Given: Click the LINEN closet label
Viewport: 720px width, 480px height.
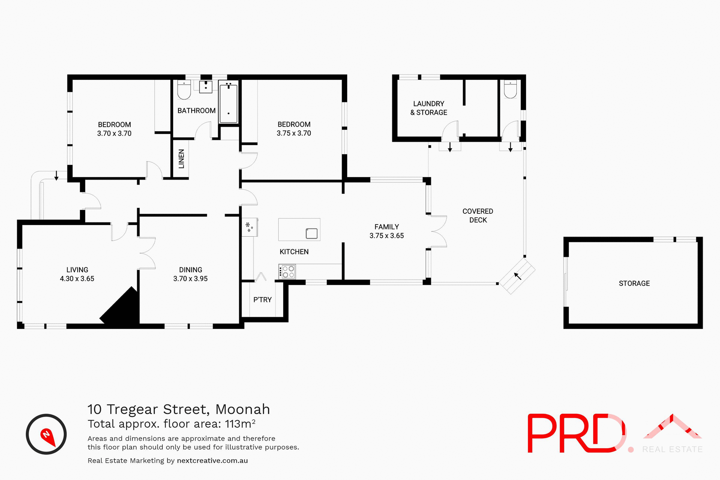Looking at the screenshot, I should (181, 159).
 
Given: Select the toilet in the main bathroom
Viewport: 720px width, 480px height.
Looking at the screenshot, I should (184, 90).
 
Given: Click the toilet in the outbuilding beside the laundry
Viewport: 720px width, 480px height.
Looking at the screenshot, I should (510, 89).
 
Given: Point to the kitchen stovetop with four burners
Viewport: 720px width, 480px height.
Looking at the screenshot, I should (287, 271).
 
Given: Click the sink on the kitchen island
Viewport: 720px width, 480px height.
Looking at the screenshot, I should (312, 233).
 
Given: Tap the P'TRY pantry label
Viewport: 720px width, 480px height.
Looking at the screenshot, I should (262, 300).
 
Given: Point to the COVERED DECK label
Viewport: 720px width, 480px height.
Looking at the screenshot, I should (478, 216).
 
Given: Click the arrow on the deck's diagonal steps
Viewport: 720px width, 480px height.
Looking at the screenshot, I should (517, 276).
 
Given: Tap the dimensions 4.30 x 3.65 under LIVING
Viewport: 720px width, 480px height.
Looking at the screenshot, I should (77, 279).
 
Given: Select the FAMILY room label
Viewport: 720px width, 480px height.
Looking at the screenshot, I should (387, 227).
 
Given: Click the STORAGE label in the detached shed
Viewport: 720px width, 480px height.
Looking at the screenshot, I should (634, 283).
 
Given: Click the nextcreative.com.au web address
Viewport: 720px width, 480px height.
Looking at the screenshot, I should (212, 460).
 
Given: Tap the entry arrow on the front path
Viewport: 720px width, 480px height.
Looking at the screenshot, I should (56, 175).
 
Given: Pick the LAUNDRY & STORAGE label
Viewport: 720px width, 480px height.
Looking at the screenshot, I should (429, 108).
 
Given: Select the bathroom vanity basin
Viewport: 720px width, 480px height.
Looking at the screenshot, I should (205, 87).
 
